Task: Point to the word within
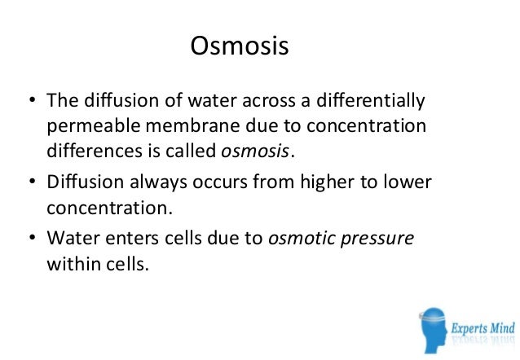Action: point(69,264)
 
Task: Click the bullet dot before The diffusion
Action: point(33,103)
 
